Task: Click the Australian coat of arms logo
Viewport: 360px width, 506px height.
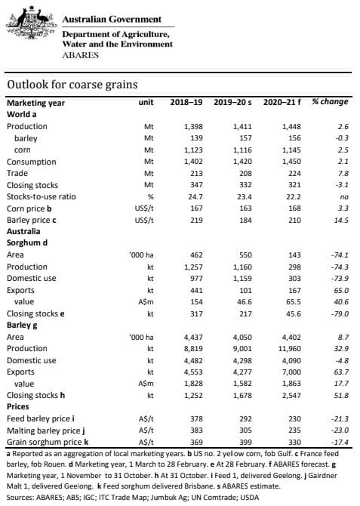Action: [x=32, y=23]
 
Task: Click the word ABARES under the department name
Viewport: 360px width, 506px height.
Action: [x=80, y=55]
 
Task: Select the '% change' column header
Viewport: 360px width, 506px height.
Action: [x=330, y=102]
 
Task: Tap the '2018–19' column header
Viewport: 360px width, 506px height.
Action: [x=186, y=102]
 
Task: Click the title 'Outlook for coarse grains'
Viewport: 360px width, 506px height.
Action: [x=72, y=85]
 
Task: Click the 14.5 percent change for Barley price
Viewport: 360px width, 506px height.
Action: [x=341, y=220]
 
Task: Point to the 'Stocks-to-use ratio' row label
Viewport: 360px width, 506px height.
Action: [x=42, y=197]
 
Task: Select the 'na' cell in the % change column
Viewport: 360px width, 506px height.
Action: [x=344, y=197]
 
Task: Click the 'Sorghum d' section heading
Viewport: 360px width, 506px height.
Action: [x=27, y=242]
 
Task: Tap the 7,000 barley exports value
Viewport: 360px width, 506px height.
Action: [x=291, y=372]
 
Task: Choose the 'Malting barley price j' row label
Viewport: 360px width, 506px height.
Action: [x=46, y=430]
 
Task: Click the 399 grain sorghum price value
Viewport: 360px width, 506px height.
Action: [x=245, y=442]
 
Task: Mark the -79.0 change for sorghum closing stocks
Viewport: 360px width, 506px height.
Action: [x=340, y=313]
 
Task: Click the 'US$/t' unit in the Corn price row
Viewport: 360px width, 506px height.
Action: [x=144, y=208]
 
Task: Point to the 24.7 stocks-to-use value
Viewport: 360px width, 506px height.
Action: [x=195, y=197]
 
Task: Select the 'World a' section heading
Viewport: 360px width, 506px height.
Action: [x=22, y=115]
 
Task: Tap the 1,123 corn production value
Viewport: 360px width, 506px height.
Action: [x=193, y=150]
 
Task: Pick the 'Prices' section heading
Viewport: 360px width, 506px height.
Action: [x=18, y=406]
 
